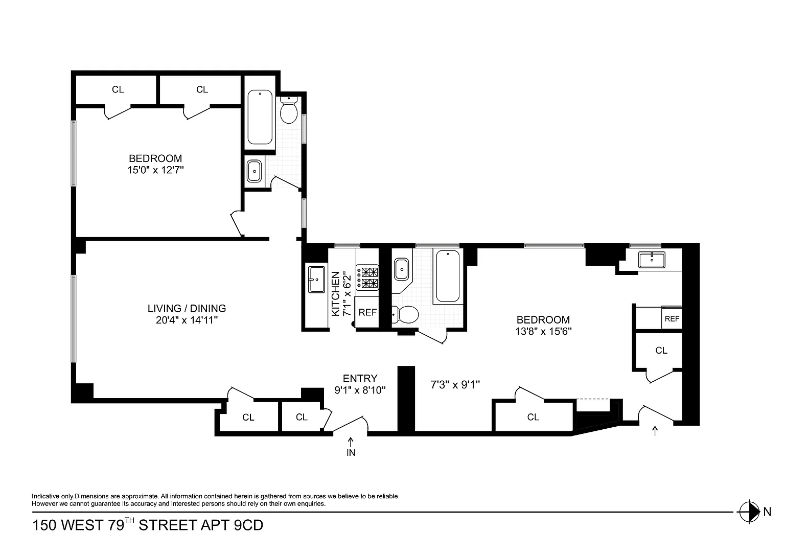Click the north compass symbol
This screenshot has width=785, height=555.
(749, 512)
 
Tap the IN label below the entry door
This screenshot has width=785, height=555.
(351, 453)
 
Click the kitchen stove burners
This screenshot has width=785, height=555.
(367, 277)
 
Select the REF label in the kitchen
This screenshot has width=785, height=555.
(367, 312)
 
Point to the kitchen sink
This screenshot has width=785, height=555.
(316, 280)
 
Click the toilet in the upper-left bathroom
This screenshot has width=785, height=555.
(289, 109)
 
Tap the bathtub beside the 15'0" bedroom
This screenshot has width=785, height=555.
(260, 117)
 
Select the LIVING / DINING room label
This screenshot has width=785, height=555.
(187, 308)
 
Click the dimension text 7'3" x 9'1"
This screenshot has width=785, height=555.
(455, 385)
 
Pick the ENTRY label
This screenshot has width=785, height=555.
(360, 378)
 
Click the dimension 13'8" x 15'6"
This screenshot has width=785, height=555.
(543, 332)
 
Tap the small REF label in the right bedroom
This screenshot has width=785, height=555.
(672, 319)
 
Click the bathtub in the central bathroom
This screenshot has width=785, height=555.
(448, 276)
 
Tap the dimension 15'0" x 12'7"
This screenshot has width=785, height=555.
(155, 170)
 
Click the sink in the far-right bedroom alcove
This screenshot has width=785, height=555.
(652, 260)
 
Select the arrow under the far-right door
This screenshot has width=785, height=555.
(655, 431)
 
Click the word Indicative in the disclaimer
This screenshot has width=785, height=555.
(45, 496)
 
